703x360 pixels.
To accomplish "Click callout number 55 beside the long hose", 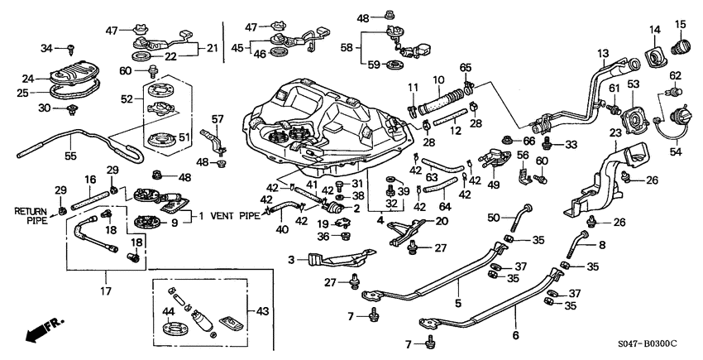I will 47,156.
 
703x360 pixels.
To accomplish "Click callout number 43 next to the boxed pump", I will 264,311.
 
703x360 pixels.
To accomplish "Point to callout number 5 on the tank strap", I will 457,291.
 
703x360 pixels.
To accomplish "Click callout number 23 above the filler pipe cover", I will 615,132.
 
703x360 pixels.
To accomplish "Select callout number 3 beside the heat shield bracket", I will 291,261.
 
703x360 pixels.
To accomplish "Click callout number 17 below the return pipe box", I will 106,290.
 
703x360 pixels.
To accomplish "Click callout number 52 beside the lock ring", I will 126,99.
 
